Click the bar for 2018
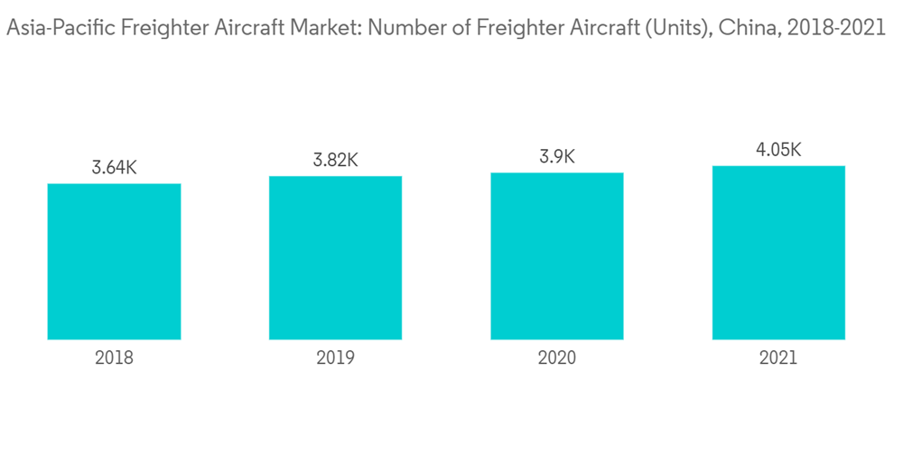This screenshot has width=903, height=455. pyautogui.click(x=114, y=262)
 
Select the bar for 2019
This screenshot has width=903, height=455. pyautogui.click(x=335, y=258)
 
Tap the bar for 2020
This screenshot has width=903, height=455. pyautogui.click(x=557, y=256)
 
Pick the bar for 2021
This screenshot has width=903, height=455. pyautogui.click(x=778, y=253)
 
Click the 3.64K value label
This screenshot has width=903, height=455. pyautogui.click(x=114, y=168)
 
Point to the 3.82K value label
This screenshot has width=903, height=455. pyautogui.click(x=335, y=160)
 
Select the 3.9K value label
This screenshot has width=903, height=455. pyautogui.click(x=557, y=157)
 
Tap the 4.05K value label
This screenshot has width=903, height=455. pyautogui.click(x=778, y=150)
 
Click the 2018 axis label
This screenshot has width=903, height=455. pyautogui.click(x=114, y=358)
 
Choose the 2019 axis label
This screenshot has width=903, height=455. pyautogui.click(x=335, y=358)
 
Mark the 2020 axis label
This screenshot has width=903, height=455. pyautogui.click(x=557, y=358)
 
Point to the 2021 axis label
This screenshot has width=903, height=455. pyautogui.click(x=778, y=358)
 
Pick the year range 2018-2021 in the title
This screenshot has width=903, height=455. pyautogui.click(x=836, y=29)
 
